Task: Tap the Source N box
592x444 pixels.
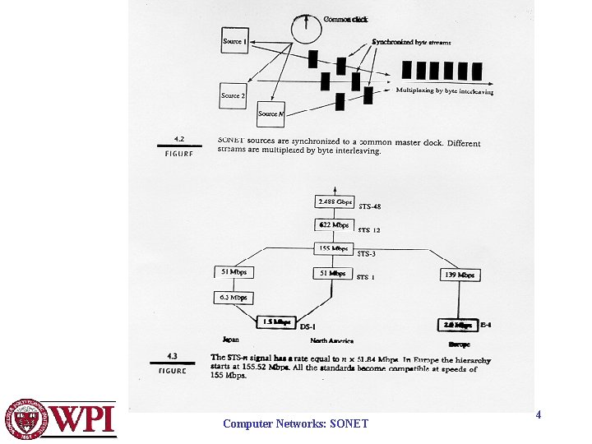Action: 272,113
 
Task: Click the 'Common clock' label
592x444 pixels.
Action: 346,20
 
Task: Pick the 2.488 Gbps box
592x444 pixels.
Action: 335,202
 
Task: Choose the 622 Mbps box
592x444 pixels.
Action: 333,224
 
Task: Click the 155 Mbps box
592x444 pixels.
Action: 334,248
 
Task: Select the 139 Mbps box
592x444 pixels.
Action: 460,275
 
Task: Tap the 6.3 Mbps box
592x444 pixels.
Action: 233,298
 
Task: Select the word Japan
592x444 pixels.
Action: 231,339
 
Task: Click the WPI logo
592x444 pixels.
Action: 59,419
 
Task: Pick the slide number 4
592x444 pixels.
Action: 539,415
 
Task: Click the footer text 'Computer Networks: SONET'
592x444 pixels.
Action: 296,424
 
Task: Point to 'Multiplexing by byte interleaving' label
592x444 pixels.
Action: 445,92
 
